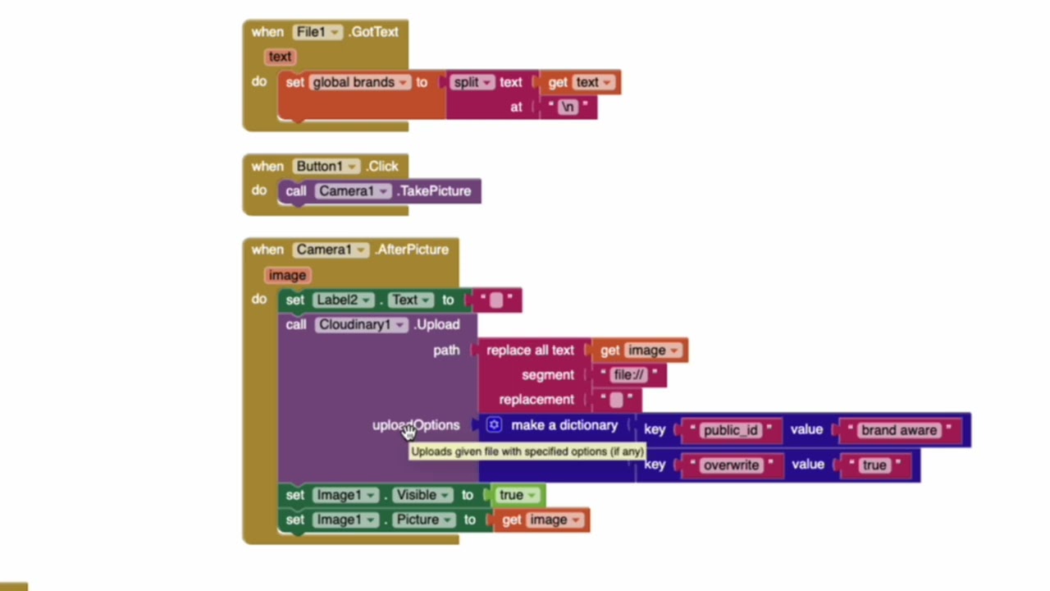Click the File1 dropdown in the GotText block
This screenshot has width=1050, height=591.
pyautogui.click(x=317, y=32)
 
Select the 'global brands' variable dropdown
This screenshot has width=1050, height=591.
pyautogui.click(x=359, y=82)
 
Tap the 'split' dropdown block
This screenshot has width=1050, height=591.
pyautogui.click(x=473, y=82)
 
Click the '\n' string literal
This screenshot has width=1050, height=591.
pyautogui.click(x=568, y=107)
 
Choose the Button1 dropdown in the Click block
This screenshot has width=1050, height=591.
pyautogui.click(x=326, y=167)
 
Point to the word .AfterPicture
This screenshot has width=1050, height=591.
pyautogui.click(x=412, y=250)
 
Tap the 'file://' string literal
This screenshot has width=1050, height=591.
pyautogui.click(x=629, y=375)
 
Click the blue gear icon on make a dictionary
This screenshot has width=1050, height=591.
pyautogui.click(x=494, y=425)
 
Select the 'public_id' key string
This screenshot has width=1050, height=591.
pyautogui.click(x=730, y=430)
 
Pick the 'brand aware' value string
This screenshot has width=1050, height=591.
pyautogui.click(x=898, y=430)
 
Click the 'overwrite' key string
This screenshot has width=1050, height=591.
pyautogui.click(x=731, y=465)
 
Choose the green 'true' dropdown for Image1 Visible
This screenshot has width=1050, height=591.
pyautogui.click(x=516, y=495)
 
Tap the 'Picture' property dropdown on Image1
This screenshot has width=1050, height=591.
pyautogui.click(x=423, y=520)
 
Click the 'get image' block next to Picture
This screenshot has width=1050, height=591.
pyautogui.click(x=541, y=520)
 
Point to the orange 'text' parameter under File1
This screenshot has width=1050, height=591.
pyautogui.click(x=280, y=57)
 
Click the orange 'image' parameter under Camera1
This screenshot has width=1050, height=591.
pyautogui.click(x=287, y=275)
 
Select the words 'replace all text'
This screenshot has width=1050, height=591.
pyautogui.click(x=530, y=350)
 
